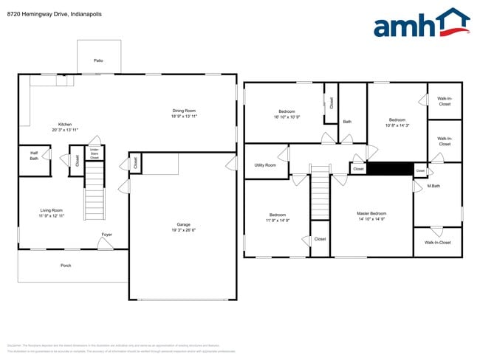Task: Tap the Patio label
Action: (x=98, y=60)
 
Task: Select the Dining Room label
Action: (x=184, y=111)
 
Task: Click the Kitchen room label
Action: (x=66, y=124)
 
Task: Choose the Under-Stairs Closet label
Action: (x=95, y=153)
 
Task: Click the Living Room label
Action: (x=52, y=210)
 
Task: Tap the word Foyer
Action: (x=107, y=235)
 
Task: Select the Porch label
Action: (x=66, y=266)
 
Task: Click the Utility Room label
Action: (x=264, y=165)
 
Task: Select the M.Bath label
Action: (x=434, y=186)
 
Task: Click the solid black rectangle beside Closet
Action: (x=390, y=169)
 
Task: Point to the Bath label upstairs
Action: (x=347, y=122)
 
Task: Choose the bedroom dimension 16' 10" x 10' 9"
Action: (x=287, y=117)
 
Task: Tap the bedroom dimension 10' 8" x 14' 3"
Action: (x=397, y=125)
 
